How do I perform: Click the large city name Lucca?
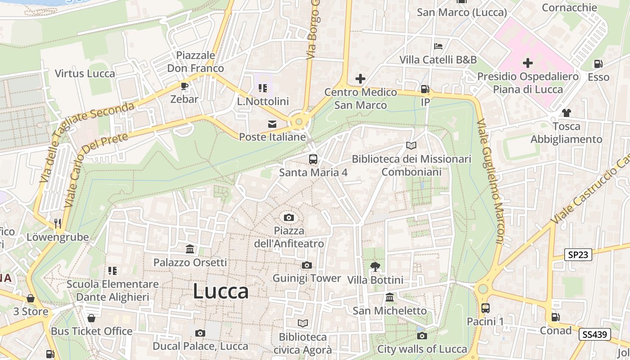[x=220, y=292]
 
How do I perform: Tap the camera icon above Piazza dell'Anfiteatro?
[x=289, y=218]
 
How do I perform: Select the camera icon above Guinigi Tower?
[x=307, y=265]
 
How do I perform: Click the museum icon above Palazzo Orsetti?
[x=190, y=249]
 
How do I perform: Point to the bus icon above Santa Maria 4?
[x=313, y=159]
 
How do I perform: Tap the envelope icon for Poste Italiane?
[x=272, y=124]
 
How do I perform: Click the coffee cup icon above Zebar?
[x=184, y=86]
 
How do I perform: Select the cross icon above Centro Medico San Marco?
[x=360, y=79]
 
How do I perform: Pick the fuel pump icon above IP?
[x=425, y=89]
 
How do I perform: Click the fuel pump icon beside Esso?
[x=598, y=64]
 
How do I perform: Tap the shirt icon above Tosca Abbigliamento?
[x=566, y=113]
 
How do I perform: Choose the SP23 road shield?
[x=578, y=255]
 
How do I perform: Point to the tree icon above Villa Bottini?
[x=375, y=267]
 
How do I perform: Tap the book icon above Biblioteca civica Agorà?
[x=303, y=324]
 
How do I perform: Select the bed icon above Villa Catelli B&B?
[x=438, y=46]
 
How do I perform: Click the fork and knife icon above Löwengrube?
[x=58, y=223]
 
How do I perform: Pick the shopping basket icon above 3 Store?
[x=31, y=298]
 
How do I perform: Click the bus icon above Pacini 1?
[x=485, y=308]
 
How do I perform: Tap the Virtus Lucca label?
[x=85, y=73]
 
